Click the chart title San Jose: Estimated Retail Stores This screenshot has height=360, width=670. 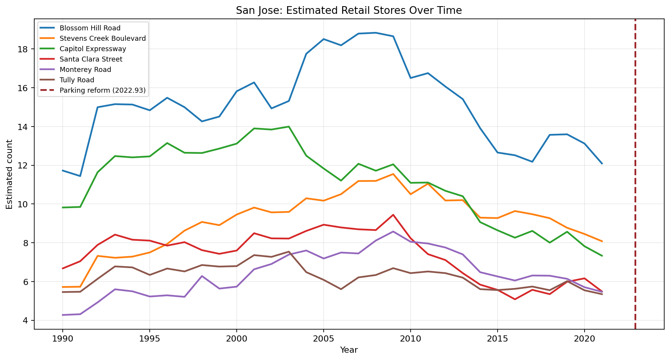(349, 11)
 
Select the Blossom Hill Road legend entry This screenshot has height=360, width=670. (90, 28)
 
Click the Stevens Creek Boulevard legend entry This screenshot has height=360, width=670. (102, 38)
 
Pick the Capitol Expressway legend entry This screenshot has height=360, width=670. (93, 49)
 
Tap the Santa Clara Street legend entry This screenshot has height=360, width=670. (91, 59)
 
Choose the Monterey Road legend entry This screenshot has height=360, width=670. (85, 70)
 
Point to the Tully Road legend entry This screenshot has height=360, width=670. (77, 80)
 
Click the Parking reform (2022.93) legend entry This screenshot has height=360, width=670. (102, 90)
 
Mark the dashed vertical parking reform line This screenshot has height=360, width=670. (635, 173)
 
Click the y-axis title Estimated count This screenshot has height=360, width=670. (9, 174)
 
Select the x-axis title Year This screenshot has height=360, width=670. (349, 350)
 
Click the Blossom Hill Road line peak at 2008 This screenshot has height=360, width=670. (376, 33)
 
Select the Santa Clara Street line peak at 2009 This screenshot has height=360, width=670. (393, 215)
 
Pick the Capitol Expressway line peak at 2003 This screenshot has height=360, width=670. (289, 127)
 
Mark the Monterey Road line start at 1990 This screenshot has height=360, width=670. (62, 315)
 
